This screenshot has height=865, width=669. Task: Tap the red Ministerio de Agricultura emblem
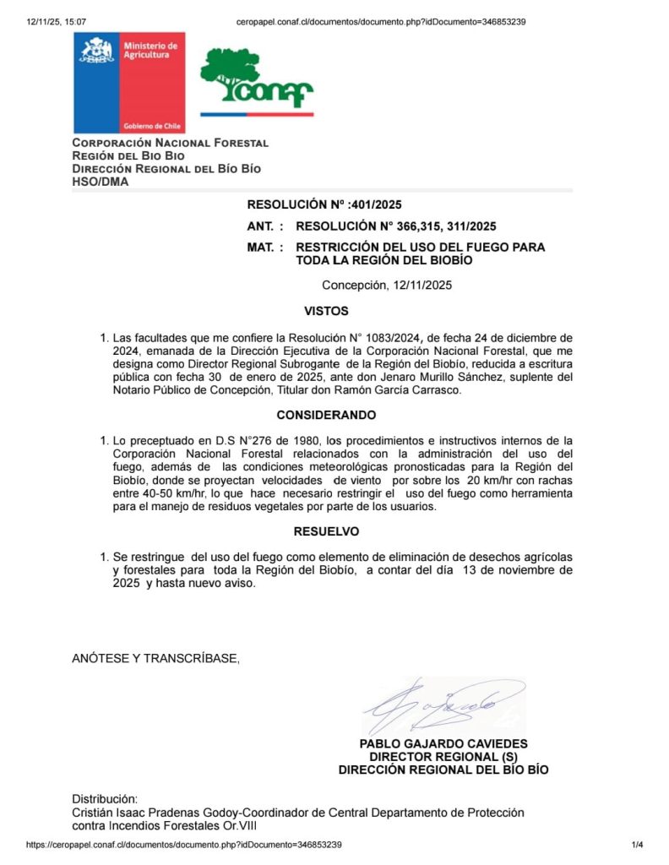click(x=129, y=83)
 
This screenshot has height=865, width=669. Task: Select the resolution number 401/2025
click(x=378, y=204)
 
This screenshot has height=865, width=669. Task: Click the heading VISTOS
click(x=326, y=311)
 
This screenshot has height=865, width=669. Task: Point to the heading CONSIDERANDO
click(x=326, y=415)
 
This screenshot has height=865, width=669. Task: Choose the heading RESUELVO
click(x=326, y=531)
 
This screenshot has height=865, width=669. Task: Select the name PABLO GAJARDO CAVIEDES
click(x=443, y=744)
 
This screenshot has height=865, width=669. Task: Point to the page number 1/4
click(x=637, y=845)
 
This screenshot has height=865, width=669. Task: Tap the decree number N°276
click(x=242, y=440)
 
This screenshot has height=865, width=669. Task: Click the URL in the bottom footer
click(x=184, y=845)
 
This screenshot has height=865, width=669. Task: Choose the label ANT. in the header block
click(x=263, y=226)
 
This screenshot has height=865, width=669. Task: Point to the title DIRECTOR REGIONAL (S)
click(x=443, y=757)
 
